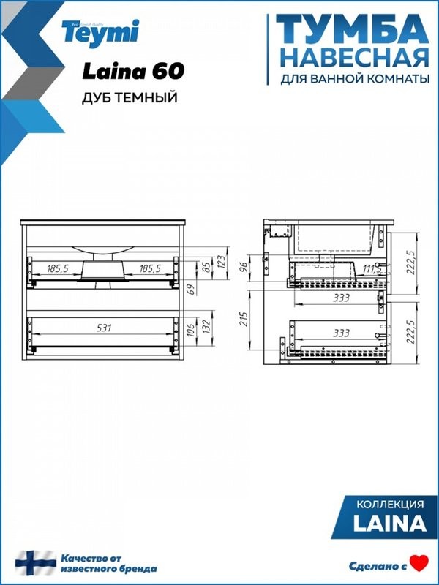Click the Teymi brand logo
[110, 33]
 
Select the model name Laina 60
[132, 71]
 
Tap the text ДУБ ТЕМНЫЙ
[130, 98]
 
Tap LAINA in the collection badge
[390, 524]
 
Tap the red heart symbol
[418, 564]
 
